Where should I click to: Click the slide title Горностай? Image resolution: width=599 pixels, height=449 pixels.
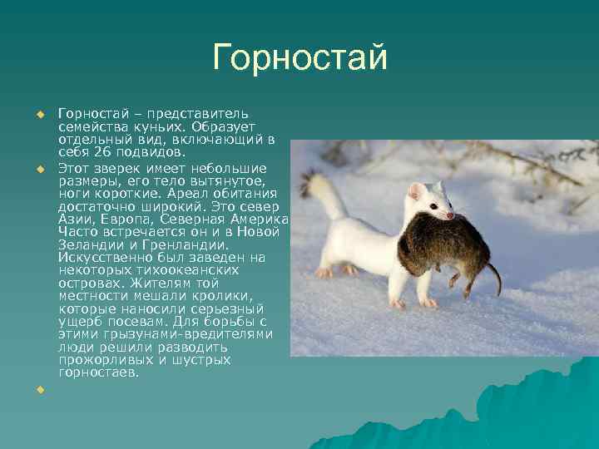pos(300,57)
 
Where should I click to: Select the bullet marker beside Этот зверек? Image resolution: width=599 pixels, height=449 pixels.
pos(37,169)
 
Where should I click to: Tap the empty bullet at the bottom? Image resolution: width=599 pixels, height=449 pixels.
pos(37,389)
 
